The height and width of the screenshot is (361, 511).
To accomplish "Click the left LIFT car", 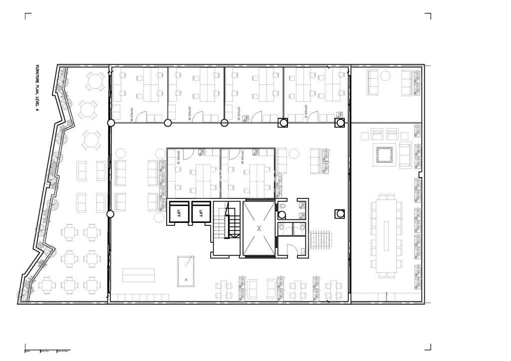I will tap(178, 213).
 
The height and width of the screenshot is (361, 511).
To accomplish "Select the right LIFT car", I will tap(201, 213).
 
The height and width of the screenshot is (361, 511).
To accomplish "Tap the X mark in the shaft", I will tap(258, 228).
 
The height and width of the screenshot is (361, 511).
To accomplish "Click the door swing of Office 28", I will tap(142, 116).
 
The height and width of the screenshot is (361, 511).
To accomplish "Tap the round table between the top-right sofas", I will tap(385, 76).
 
